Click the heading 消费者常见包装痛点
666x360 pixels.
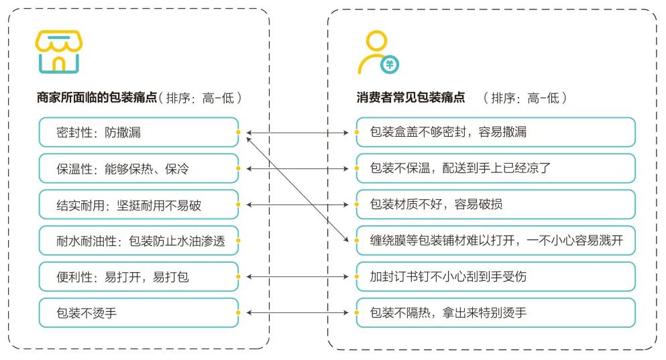coord(410,98)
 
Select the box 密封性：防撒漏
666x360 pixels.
coord(137,133)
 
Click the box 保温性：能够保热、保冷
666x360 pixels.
coord(137,169)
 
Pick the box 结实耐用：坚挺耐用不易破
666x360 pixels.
coord(137,204)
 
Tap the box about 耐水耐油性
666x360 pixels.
coord(137,241)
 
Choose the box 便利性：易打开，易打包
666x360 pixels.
coord(137,276)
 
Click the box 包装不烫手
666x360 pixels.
coord(137,312)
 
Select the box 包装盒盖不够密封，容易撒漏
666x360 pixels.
coord(495,133)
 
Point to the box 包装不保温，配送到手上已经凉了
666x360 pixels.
coord(495,169)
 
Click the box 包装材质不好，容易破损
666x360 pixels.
coord(495,204)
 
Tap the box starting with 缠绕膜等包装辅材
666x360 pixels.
coord(495,241)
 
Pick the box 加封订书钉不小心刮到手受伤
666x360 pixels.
coord(495,276)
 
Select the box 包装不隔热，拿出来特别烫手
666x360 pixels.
coord(495,312)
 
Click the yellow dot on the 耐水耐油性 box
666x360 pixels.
coord(238,240)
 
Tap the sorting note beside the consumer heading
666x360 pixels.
coord(524,98)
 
